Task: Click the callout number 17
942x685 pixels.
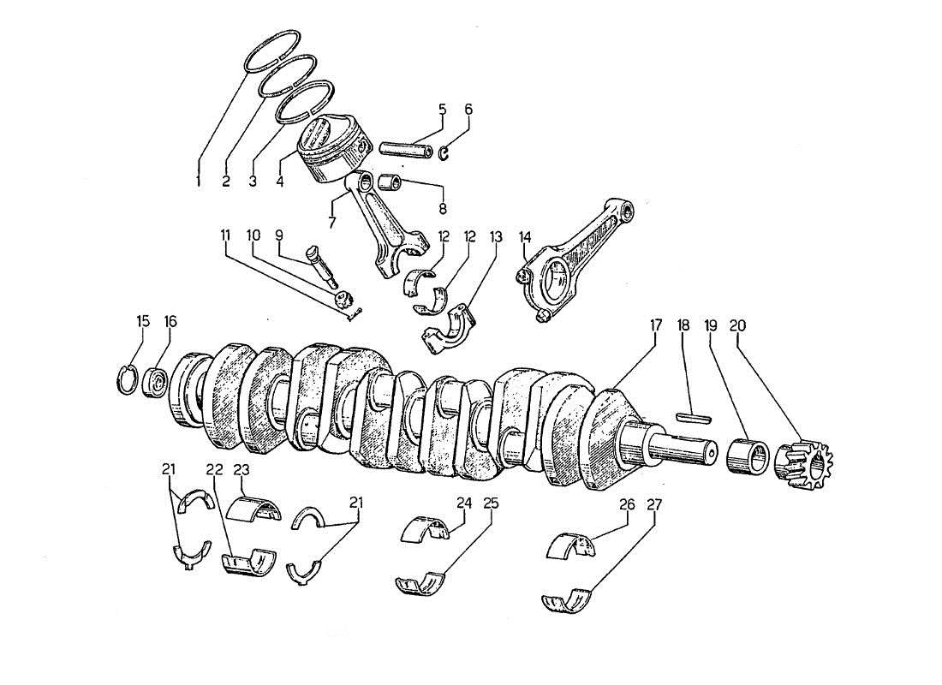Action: (655, 325)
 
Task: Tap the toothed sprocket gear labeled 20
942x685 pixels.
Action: (807, 468)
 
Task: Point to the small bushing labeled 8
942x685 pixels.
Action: (391, 182)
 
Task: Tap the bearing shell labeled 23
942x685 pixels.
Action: (259, 508)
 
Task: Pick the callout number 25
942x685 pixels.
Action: (491, 504)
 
